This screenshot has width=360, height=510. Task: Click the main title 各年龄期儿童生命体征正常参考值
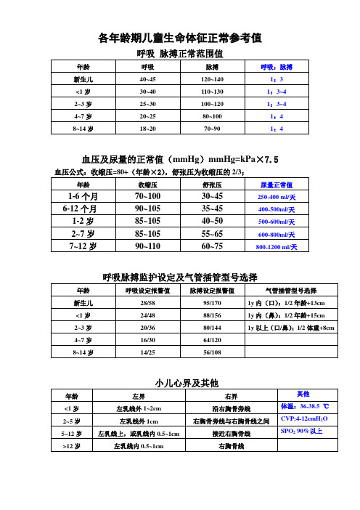point(179,36)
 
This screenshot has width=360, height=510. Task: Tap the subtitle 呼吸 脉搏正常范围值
point(179,54)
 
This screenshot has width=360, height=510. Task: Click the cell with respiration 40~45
point(147,79)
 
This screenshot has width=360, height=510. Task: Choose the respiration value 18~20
point(147,129)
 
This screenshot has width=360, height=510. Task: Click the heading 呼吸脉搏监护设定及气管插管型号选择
point(179,277)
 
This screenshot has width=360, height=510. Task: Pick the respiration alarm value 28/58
point(147,302)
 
